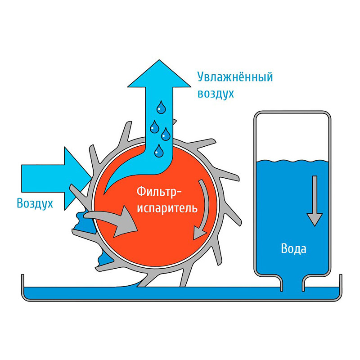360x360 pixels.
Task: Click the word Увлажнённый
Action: tap(235, 77)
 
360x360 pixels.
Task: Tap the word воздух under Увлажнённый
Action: tap(216, 94)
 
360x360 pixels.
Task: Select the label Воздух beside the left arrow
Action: tap(35, 203)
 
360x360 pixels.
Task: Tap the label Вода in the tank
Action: tap(293, 248)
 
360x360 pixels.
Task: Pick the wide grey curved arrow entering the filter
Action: tap(112, 223)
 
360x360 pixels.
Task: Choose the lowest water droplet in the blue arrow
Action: tap(158, 151)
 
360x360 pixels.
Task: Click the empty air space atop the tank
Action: tap(292, 135)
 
